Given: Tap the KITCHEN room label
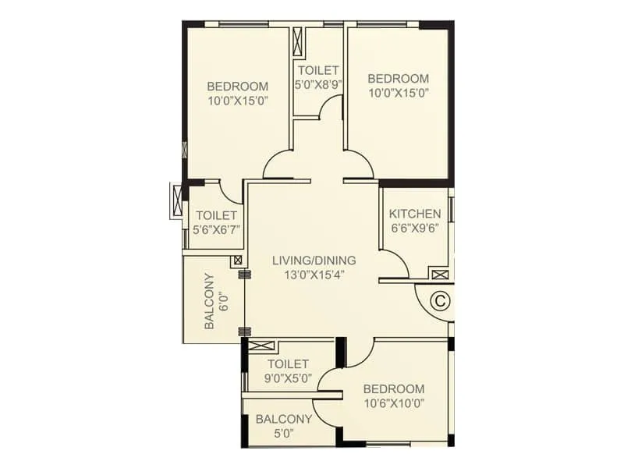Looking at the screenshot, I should [x=415, y=214].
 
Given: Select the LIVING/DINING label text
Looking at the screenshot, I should [x=314, y=260].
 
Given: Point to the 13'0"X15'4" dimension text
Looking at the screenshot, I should [x=314, y=274].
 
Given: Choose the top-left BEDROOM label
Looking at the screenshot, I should [x=238, y=86].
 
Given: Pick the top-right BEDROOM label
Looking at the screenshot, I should [x=398, y=78].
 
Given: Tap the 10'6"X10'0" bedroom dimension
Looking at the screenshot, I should [x=393, y=403].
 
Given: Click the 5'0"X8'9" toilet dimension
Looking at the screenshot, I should [x=317, y=84].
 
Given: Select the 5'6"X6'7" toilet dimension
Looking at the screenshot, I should [x=216, y=229].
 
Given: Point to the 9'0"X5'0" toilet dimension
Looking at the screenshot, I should [x=289, y=378].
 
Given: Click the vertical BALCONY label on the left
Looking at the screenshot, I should [x=209, y=301].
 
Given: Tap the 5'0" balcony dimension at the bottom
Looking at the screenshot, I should [x=284, y=433].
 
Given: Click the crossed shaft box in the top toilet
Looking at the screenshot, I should [x=297, y=41].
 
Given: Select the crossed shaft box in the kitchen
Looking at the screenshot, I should [x=439, y=274].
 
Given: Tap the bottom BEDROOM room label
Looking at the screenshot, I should [x=393, y=389].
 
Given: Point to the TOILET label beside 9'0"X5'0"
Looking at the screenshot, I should [x=288, y=364].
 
